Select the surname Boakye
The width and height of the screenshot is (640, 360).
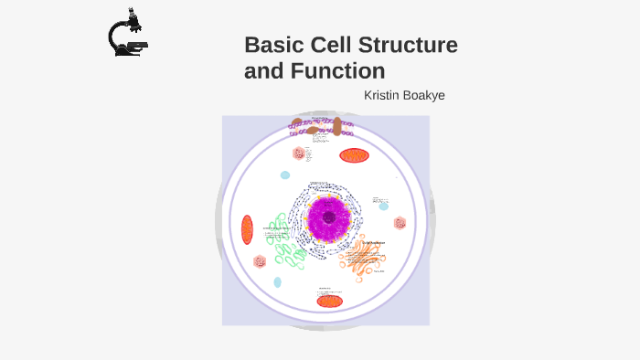[426, 95]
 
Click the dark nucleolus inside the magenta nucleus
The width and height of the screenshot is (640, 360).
[327, 217]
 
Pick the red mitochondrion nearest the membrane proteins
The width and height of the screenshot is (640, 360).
[354, 155]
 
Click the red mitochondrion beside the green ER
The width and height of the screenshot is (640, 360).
[247, 229]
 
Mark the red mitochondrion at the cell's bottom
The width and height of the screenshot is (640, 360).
[329, 301]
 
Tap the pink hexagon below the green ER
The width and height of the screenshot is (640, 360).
[261, 262]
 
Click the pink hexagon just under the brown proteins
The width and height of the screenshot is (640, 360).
[299, 154]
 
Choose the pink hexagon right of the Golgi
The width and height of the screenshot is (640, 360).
[400, 223]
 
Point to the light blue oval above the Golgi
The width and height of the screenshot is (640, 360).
[384, 206]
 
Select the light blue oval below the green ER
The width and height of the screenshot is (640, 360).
[277, 282]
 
